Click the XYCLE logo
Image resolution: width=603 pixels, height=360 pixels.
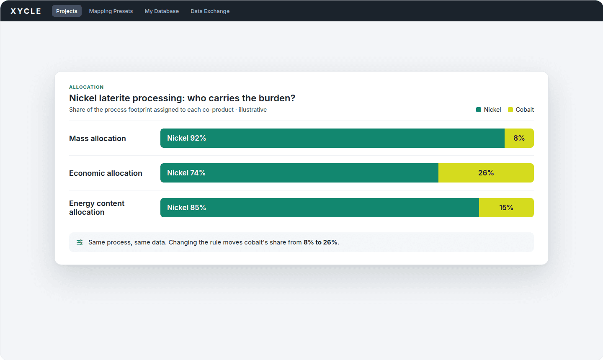click(26, 11)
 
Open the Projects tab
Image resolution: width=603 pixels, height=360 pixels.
click(67, 11)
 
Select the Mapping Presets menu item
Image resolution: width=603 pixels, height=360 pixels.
click(111, 11)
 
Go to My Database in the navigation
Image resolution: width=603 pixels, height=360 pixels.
click(162, 11)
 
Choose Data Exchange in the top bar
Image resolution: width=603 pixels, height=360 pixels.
click(210, 11)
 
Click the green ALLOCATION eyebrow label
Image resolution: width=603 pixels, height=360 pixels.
click(86, 87)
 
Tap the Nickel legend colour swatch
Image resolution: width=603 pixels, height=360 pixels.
click(479, 110)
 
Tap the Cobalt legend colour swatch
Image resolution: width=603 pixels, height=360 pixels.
click(510, 110)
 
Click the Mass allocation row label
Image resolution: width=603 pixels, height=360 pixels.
click(98, 138)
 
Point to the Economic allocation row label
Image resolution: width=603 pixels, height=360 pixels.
click(106, 173)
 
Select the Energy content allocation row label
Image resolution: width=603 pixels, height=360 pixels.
click(97, 208)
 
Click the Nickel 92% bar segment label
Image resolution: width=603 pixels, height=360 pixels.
click(187, 138)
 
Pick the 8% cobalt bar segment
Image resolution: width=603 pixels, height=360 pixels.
click(519, 138)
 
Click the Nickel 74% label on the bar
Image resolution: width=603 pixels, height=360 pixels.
click(186, 173)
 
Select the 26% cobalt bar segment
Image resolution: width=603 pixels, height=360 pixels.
click(486, 173)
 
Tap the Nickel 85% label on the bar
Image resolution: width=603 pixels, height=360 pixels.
click(187, 208)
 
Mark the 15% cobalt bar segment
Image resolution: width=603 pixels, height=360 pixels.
click(506, 208)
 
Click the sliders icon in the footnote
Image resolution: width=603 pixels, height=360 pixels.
click(80, 242)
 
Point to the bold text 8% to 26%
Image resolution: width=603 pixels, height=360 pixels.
click(320, 242)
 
